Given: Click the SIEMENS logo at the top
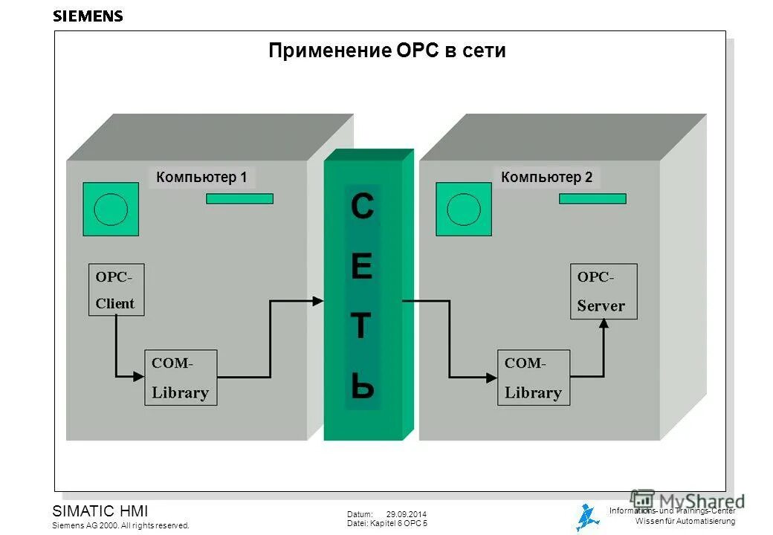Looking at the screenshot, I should point(88,16).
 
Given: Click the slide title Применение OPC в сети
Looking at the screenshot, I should point(386,51).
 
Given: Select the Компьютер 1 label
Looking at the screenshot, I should point(201,177).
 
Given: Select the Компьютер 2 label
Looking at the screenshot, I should point(546,177).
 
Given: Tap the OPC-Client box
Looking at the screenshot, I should point(116,289).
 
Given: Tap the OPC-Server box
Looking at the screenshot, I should point(603,291).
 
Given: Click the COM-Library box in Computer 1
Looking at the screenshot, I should point(181,377).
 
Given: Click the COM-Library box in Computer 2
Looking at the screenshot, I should point(533,377).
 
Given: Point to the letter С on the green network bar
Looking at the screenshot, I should point(362,208).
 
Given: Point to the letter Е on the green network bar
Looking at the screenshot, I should point(361,267).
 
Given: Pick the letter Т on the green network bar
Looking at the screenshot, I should point(361,327).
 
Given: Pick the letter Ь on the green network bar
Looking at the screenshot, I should point(362,386).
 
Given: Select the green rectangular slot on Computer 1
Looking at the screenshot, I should point(239,198).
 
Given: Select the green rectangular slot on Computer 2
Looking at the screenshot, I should point(592,198).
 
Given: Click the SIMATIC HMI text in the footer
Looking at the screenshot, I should point(100,511).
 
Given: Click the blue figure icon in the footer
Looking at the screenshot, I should point(588,516).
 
